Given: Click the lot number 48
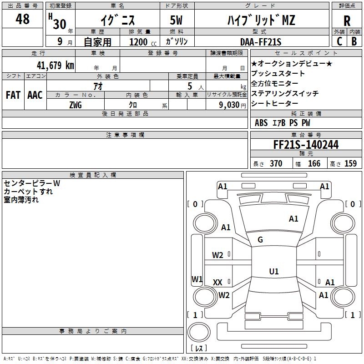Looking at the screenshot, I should pyautogui.click(x=22, y=20).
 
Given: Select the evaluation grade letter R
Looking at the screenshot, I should pyautogui.click(x=347, y=21).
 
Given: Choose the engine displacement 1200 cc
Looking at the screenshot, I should pyautogui.click(x=139, y=42).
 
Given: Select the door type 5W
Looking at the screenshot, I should pyautogui.click(x=177, y=20).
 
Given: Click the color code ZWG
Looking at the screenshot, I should pyautogui.click(x=76, y=105).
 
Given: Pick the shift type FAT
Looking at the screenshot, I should pyautogui.click(x=13, y=95).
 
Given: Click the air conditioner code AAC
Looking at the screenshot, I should pyautogui.click(x=35, y=95).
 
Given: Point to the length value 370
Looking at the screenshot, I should pyautogui.click(x=276, y=164).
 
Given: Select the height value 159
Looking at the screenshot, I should pyautogui.click(x=350, y=164).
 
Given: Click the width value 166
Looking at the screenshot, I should pyautogui.click(x=314, y=164).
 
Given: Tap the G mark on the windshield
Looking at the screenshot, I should pyautogui.click(x=260, y=240).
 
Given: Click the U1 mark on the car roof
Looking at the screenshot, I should pyautogui.click(x=273, y=272).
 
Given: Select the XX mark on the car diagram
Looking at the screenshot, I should pyautogui.click(x=217, y=283).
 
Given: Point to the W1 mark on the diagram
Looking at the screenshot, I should pyautogui.click(x=197, y=279).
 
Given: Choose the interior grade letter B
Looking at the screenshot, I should pyautogui.click(x=354, y=41).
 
